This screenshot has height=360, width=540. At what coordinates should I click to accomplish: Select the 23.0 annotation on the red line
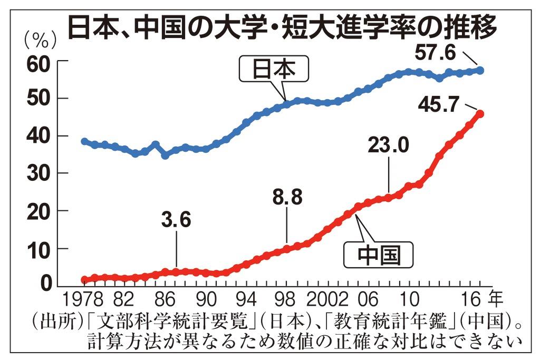click(388, 144)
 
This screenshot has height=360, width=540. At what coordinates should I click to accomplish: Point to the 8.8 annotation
click(287, 198)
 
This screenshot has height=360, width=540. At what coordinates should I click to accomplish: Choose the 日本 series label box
click(273, 69)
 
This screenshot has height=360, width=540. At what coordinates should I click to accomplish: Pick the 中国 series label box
click(379, 256)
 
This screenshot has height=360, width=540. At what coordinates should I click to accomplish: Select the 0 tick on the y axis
click(45, 285)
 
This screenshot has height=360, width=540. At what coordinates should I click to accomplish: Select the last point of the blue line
click(480, 70)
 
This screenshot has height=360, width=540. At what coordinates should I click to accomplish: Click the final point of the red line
click(480, 113)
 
